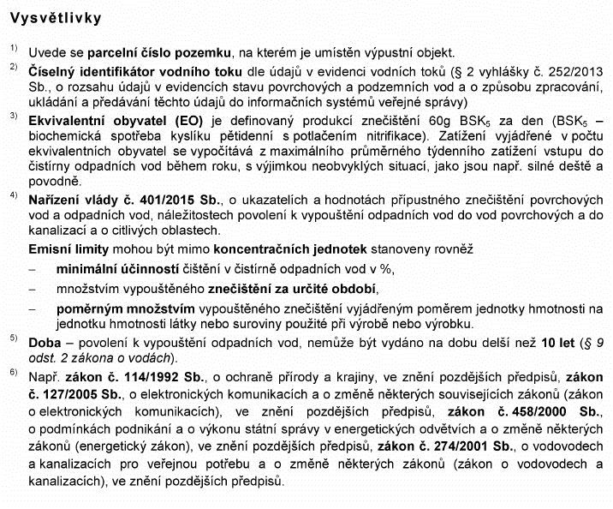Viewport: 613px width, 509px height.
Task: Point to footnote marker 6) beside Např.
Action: click(x=13, y=373)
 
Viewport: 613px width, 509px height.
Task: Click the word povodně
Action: click(x=53, y=181)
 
